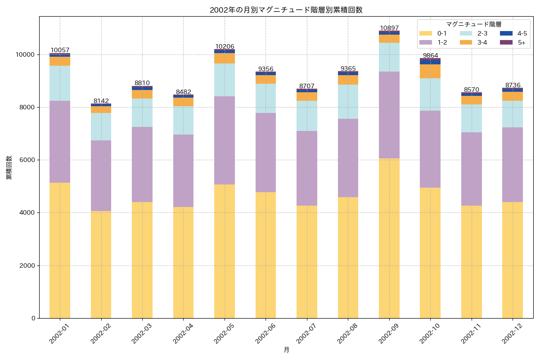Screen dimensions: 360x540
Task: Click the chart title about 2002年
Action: tap(286, 10)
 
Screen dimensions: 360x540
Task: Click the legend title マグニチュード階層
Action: tap(473, 24)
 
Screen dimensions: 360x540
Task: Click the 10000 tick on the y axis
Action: tap(25, 54)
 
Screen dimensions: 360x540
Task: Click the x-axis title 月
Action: tap(286, 350)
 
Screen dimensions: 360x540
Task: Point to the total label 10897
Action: tap(389, 28)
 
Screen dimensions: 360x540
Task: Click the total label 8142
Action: tap(101, 101)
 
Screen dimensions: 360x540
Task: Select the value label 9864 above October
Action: tap(430, 55)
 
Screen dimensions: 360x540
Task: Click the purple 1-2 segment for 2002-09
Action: tap(389, 115)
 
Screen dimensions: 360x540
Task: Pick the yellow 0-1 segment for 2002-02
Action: tap(101, 265)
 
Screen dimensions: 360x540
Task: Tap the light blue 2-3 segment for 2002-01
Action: tap(60, 83)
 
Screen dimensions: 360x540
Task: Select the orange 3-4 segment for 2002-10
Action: tap(430, 71)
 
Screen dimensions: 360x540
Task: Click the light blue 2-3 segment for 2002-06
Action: tap(265, 98)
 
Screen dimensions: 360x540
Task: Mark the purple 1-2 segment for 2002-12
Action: tap(513, 165)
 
